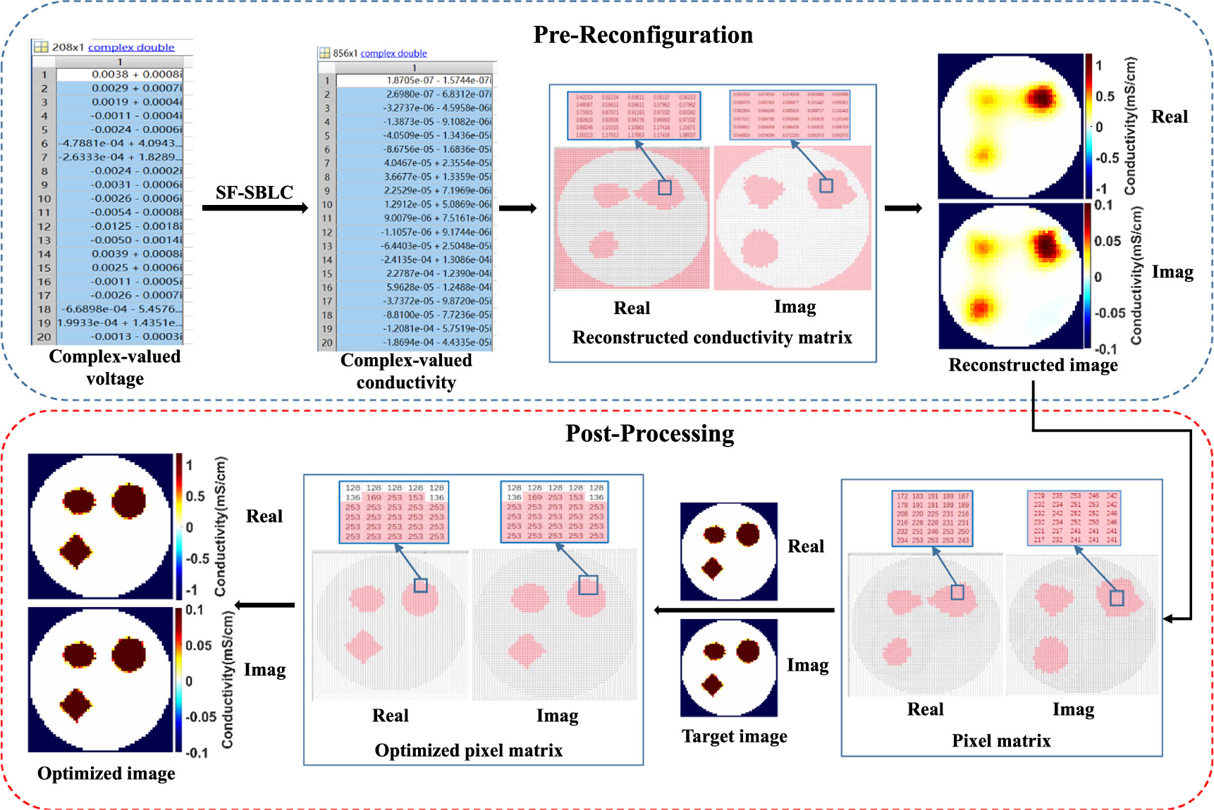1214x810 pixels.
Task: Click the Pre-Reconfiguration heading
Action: click(x=642, y=35)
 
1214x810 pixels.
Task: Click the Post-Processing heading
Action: click(x=649, y=433)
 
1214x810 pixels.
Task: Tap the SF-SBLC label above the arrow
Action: click(x=254, y=192)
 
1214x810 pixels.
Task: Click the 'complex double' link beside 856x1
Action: click(x=393, y=54)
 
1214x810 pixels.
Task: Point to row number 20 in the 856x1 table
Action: click(x=327, y=342)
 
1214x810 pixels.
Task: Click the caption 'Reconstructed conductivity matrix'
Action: click(x=712, y=337)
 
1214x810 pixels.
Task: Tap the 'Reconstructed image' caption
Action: click(x=1033, y=365)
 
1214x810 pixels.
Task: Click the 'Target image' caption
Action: click(x=734, y=736)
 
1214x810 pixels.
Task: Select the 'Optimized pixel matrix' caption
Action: click(x=469, y=750)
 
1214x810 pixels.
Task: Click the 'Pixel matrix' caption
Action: click(x=1000, y=740)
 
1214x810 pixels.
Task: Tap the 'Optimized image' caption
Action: click(x=106, y=773)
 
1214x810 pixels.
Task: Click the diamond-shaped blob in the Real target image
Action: click(x=712, y=568)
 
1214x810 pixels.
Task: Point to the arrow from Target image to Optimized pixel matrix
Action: click(x=744, y=610)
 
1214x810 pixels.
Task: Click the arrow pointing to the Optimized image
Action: click(x=264, y=605)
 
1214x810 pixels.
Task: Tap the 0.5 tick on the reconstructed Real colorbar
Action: click(x=1104, y=96)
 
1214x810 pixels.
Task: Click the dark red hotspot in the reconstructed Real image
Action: click(x=1041, y=97)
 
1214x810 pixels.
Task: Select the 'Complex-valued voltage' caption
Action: click(x=115, y=367)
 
